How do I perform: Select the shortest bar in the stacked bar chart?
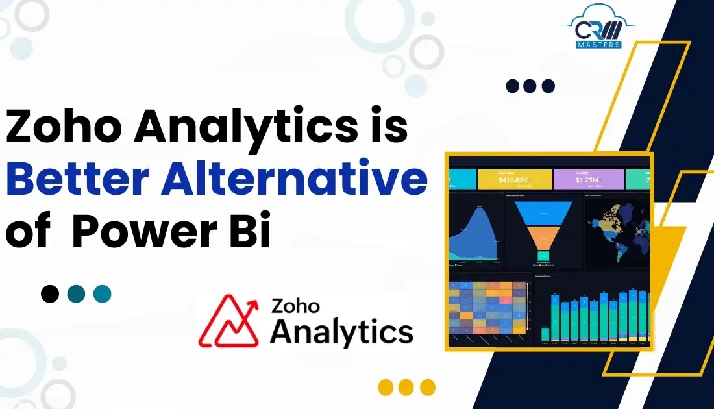545,334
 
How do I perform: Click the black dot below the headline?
50,294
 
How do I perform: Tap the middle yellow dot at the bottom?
406,388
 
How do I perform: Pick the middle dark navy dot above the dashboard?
530,86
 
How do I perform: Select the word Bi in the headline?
249,232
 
